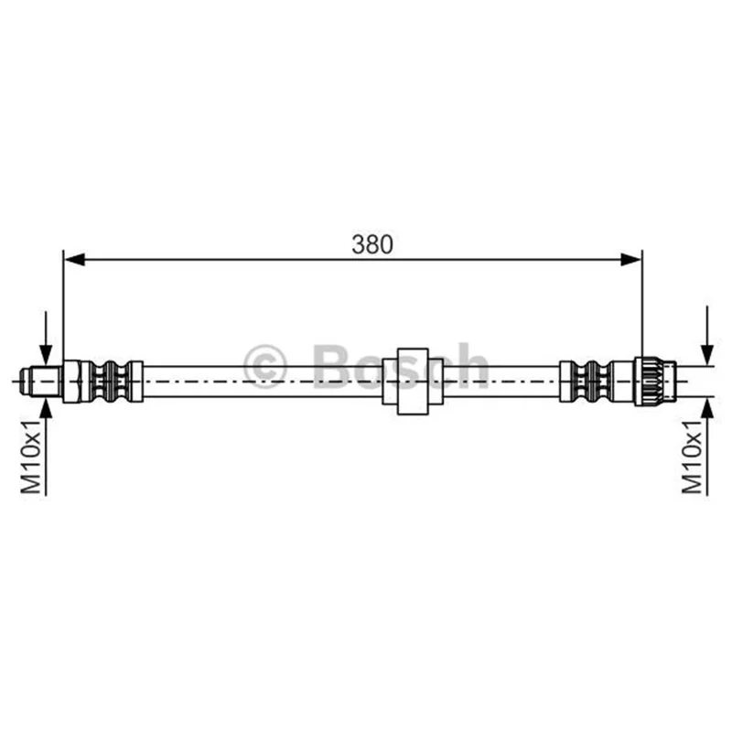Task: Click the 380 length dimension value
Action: click(x=372, y=244)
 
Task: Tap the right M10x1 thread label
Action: click(x=692, y=456)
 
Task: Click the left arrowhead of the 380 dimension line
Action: click(x=74, y=260)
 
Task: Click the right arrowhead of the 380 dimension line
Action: click(x=631, y=260)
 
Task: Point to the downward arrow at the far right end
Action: click(x=707, y=334)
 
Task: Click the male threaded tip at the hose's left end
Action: click(x=40, y=382)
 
